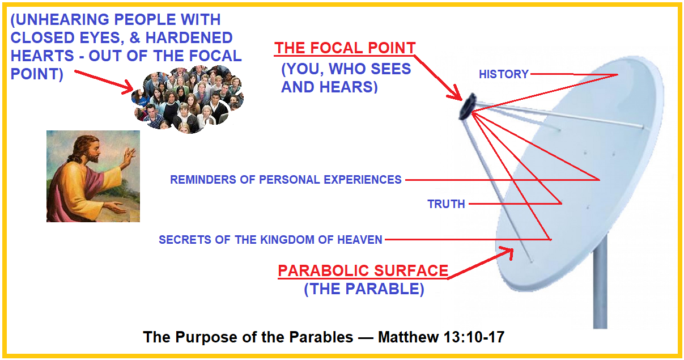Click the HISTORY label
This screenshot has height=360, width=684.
[503, 74]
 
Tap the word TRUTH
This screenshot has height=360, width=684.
[446, 204]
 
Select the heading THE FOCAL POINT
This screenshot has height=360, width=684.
[345, 48]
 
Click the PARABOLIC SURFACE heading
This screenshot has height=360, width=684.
[363, 271]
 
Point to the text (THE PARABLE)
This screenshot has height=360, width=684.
[364, 289]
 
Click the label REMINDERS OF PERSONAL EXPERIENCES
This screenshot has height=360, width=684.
[286, 180]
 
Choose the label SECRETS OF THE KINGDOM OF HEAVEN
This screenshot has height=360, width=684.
[270, 240]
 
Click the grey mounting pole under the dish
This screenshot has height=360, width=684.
[600, 283]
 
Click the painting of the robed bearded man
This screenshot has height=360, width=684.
[93, 176]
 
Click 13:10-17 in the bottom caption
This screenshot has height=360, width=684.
[473, 338]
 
